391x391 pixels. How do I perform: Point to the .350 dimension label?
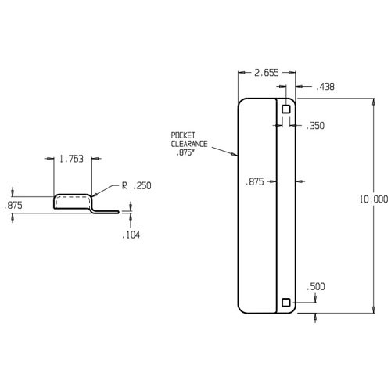click(x=315, y=125)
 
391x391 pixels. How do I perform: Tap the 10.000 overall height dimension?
click(x=373, y=199)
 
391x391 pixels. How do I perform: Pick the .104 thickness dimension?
click(x=131, y=235)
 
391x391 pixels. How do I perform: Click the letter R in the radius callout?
click(x=124, y=186)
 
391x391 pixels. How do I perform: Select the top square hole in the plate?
click(x=287, y=109)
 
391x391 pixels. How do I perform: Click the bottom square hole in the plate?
click(x=287, y=303)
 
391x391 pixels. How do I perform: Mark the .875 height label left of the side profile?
click(x=13, y=205)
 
